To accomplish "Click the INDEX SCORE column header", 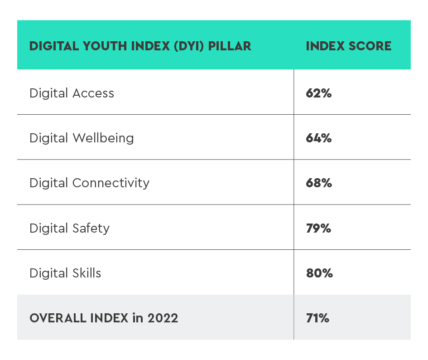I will pos(348,46).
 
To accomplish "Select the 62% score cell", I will pos(319,93).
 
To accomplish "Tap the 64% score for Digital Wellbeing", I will pos(319,138).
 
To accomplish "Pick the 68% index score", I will pos(319,183).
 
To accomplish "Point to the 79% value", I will pos(319,228).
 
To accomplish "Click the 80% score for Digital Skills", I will pos(319,273).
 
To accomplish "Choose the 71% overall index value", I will pos(317,318).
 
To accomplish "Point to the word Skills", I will pos(87,273).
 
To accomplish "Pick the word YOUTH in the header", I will pos(105,46).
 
